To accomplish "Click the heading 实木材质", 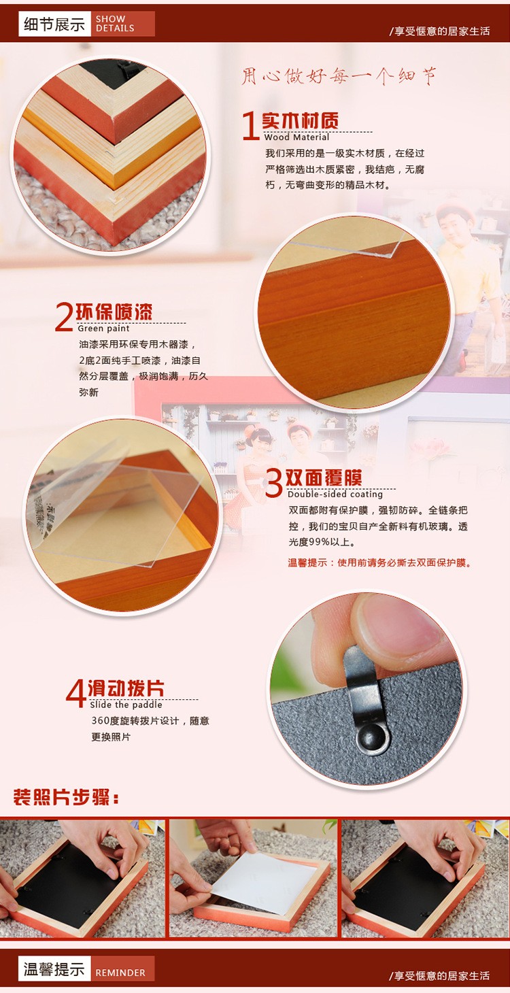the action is coord(300,120).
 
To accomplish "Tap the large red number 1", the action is coord(250,125).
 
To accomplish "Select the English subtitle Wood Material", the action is coord(296,137).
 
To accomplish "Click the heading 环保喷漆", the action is coord(114,312).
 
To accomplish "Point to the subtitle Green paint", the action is coord(103,329).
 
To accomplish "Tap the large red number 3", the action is coord(274,483).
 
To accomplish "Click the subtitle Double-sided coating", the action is coord(335,494).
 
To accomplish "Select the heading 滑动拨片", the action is coord(126,688).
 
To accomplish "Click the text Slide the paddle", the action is coord(126,705).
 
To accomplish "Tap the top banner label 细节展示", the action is coord(54,24).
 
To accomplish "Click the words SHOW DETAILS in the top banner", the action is coord(115,24).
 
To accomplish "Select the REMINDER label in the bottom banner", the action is coord(120,973).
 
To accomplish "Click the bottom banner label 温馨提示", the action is coord(54,969).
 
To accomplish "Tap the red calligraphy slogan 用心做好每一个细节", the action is coord(339,76).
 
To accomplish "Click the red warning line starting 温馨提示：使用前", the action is coord(380,563).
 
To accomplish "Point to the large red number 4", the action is coord(75,693).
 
